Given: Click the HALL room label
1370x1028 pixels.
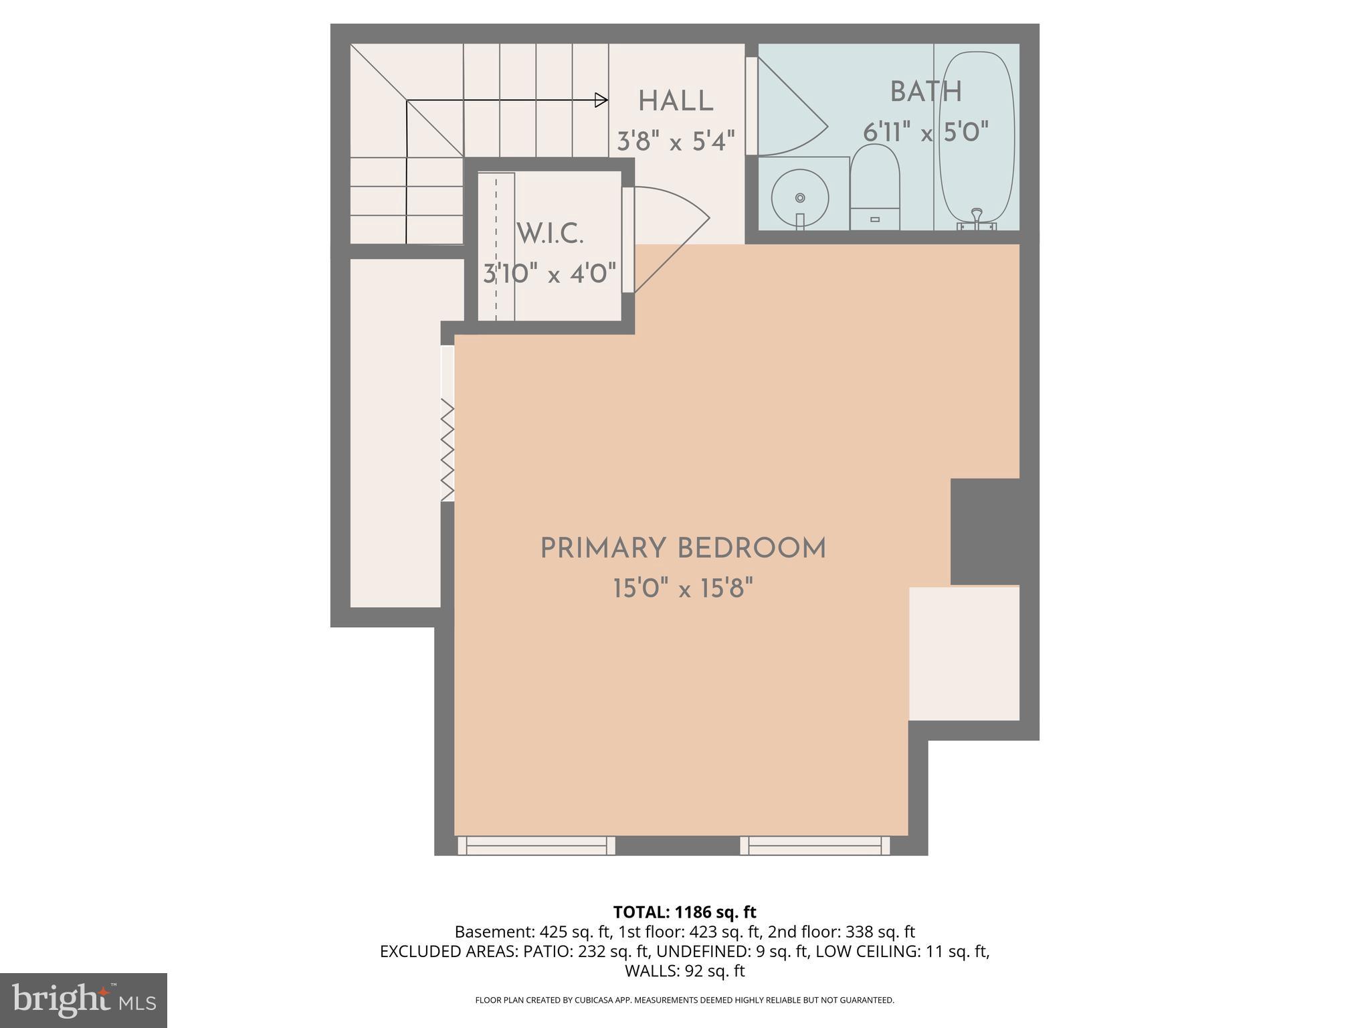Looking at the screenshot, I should pyautogui.click(x=676, y=102).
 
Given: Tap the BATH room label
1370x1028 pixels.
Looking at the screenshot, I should pyautogui.click(x=926, y=92).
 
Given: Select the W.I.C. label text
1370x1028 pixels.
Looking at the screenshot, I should pyautogui.click(x=550, y=234).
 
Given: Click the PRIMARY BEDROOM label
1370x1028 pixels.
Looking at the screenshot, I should pyautogui.click(x=683, y=549).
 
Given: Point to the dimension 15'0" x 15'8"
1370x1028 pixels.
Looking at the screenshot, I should pyautogui.click(x=683, y=590).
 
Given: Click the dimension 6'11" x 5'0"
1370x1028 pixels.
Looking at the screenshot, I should pyautogui.click(x=926, y=132).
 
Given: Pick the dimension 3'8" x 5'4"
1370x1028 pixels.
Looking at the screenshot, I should pyautogui.click(x=676, y=141).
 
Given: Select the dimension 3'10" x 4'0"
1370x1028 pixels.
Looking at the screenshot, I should pyautogui.click(x=550, y=274).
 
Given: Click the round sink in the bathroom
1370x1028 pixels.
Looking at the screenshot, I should pyautogui.click(x=800, y=197).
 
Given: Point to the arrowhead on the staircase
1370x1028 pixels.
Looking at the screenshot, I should pyautogui.click(x=601, y=100).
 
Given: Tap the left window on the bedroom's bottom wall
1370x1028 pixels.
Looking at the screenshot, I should pyautogui.click(x=536, y=846).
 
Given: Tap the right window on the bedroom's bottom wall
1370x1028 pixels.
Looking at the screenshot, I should pyautogui.click(x=815, y=846).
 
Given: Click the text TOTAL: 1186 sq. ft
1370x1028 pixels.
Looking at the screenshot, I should pyautogui.click(x=684, y=912).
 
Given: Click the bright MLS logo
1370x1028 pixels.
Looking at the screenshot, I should pyautogui.click(x=83, y=1000).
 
